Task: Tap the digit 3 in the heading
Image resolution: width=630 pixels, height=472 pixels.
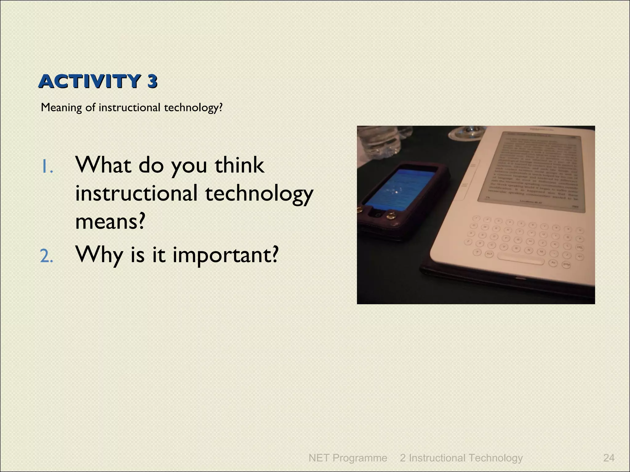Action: tap(152, 82)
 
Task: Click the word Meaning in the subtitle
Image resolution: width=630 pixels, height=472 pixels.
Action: tap(61, 108)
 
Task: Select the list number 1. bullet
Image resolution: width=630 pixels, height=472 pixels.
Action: tap(47, 167)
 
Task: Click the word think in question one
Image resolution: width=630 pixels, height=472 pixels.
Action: tap(239, 165)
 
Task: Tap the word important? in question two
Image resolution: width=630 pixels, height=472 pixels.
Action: tap(225, 255)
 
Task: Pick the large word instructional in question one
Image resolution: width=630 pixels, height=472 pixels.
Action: tap(136, 194)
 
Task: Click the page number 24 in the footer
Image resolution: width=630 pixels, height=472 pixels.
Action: tap(609, 458)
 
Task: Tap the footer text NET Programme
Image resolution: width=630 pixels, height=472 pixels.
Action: tap(348, 458)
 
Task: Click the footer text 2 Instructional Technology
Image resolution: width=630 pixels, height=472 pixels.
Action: tap(461, 458)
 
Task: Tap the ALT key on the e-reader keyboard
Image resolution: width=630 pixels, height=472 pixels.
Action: tap(489, 254)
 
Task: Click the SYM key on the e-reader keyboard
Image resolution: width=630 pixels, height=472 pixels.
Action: tap(566, 265)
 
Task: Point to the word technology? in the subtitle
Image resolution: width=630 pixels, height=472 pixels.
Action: tap(193, 108)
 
